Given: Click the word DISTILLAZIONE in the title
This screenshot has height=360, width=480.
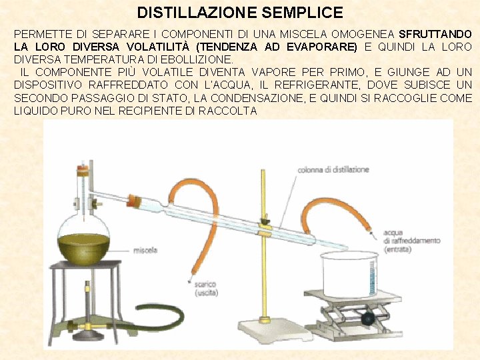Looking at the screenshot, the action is click(x=197, y=13).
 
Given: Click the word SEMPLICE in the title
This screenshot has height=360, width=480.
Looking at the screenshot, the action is click(x=303, y=13).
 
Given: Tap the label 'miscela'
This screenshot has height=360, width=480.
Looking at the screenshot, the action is click(x=145, y=251).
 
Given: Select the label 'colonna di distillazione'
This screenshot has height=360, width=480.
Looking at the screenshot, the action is click(x=333, y=169).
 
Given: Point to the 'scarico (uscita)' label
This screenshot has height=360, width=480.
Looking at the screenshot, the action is click(x=206, y=289).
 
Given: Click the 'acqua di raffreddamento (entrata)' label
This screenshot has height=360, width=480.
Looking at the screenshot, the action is click(x=412, y=241).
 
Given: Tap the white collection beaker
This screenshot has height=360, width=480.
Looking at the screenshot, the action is click(x=350, y=274).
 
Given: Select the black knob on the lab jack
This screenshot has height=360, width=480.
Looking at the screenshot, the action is click(x=367, y=319).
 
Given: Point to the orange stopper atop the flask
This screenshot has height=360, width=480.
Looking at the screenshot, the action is click(x=83, y=171).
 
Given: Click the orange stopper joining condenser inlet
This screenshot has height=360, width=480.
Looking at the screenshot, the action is click(x=135, y=201).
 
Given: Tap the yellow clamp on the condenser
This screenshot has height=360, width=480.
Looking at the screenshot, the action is click(x=264, y=229).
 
